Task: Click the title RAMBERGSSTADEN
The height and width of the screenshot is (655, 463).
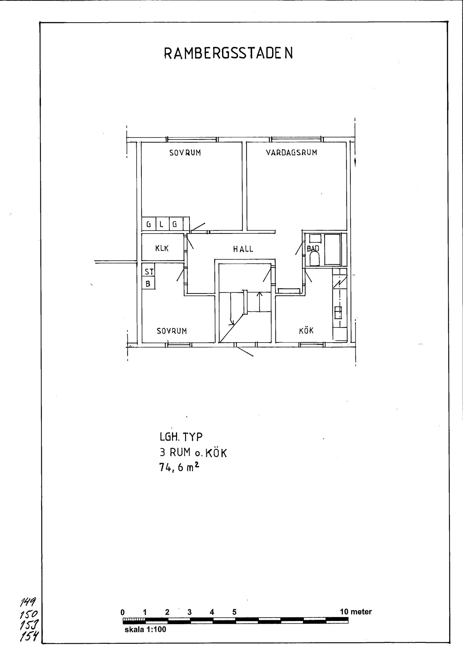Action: click(228, 53)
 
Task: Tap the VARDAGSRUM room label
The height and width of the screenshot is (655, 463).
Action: click(292, 152)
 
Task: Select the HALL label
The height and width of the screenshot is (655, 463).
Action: click(243, 249)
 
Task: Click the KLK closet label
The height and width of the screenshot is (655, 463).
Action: click(162, 249)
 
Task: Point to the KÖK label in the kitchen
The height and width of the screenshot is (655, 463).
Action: click(306, 330)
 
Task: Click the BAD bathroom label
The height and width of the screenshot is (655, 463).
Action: click(313, 249)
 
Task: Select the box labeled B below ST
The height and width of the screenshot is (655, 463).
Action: click(148, 283)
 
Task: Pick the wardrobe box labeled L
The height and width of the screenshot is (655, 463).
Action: click(162, 224)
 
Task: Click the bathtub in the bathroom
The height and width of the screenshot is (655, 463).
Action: click(332, 250)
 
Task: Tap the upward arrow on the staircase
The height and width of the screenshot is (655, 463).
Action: click(260, 302)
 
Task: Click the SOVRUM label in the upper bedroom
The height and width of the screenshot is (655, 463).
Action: click(185, 152)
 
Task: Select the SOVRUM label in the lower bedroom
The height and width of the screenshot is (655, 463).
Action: click(172, 331)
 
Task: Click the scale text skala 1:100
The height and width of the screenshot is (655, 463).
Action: click(145, 629)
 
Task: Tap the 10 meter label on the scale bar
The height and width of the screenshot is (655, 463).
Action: click(356, 612)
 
